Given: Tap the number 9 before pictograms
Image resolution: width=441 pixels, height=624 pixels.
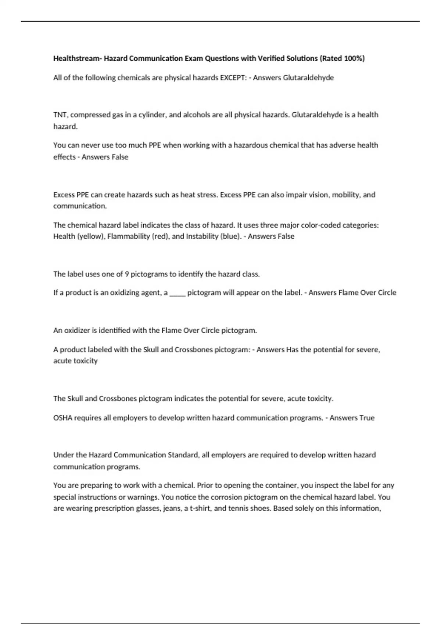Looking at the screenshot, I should tap(127, 274).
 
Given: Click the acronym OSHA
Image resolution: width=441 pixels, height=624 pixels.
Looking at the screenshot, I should tap(63, 418).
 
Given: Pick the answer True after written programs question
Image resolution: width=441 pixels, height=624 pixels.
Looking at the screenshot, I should tap(366, 418).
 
